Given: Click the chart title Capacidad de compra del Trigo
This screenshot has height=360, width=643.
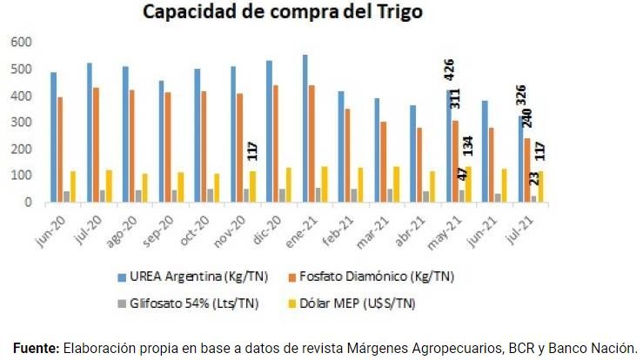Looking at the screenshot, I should click(x=284, y=14).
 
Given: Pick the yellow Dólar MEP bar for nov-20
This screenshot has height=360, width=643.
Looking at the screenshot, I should click(x=252, y=186).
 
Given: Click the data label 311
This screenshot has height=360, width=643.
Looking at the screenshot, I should click(x=455, y=97).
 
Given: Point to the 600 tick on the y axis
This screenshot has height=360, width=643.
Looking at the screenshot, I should click(x=21, y=42).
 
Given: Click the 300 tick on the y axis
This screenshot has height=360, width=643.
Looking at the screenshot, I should click(x=21, y=123).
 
